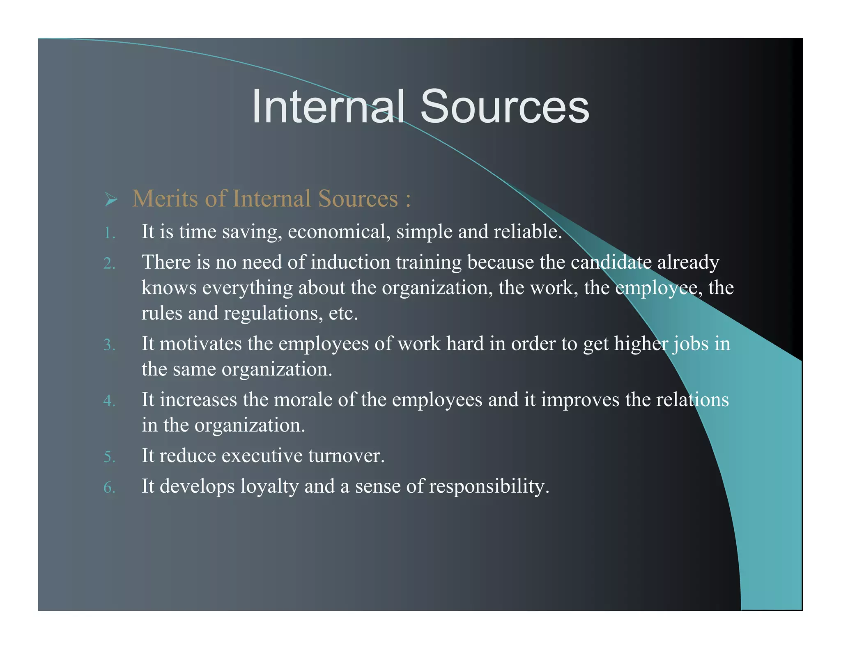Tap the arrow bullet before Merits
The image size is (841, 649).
111,200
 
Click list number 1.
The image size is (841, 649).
109,233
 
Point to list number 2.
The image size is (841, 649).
109,263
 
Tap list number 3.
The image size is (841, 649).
109,345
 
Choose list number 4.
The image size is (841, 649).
109,401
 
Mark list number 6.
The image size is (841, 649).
109,488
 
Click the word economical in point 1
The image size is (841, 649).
338,232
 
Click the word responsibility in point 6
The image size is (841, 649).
489,487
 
